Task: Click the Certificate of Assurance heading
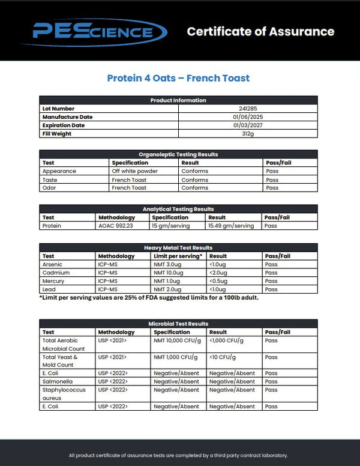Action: coord(260,31)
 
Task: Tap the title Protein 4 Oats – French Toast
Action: coord(178,78)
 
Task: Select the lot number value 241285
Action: coord(248,109)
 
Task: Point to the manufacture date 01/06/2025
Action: coord(248,117)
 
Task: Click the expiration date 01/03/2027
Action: coord(248,126)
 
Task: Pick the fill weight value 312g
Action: coord(248,134)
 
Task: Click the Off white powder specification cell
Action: coord(135,171)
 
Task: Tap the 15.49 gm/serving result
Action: coord(231,226)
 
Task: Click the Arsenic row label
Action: coord(52,264)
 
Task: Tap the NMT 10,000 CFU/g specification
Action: coord(176,340)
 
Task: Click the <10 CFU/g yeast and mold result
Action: coord(222,357)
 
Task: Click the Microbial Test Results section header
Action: coord(178,324)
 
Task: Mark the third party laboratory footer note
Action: coord(178,455)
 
